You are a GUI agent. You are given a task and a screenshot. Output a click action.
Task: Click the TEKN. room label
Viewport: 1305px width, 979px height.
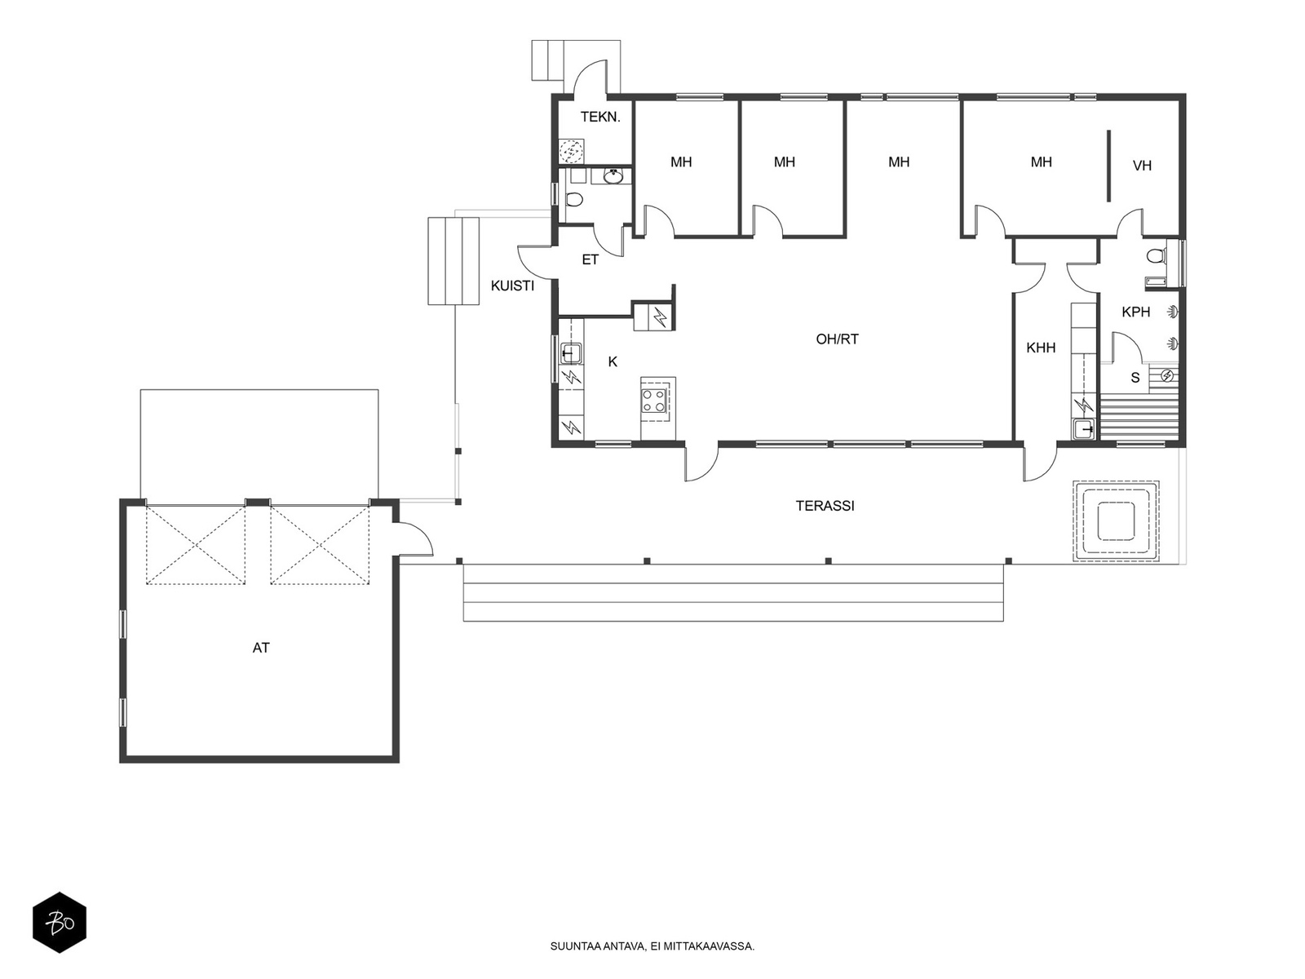click(x=600, y=117)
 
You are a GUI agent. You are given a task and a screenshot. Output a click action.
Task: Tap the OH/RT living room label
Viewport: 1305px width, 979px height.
click(x=837, y=339)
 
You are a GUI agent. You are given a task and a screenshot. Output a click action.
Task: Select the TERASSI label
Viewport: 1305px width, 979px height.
click(x=825, y=506)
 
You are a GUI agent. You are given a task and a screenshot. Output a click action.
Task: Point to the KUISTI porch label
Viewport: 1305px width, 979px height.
click(x=512, y=286)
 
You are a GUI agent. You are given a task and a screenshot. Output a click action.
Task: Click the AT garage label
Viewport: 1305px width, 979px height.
click(x=261, y=648)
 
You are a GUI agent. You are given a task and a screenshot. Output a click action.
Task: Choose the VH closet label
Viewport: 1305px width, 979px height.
click(x=1142, y=166)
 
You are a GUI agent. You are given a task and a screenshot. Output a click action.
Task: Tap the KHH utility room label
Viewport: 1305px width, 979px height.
click(x=1041, y=348)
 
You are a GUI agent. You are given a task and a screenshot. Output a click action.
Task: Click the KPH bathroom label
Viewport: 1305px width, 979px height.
click(x=1135, y=312)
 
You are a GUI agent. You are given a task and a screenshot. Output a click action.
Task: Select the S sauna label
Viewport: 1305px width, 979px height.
click(x=1135, y=378)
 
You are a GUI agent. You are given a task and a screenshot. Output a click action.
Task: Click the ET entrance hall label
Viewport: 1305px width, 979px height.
click(x=590, y=259)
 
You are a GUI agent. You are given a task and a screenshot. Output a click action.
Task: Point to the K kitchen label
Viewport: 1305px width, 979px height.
click(x=613, y=361)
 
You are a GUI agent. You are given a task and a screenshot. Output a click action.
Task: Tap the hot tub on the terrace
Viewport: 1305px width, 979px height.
click(x=1116, y=521)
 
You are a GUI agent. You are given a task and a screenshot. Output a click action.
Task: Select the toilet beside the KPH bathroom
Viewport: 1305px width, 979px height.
click(x=1155, y=255)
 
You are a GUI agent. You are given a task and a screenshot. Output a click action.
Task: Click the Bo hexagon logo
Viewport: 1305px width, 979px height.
click(x=60, y=923)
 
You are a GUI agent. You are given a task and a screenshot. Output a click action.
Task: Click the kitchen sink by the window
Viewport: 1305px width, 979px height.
click(x=569, y=354)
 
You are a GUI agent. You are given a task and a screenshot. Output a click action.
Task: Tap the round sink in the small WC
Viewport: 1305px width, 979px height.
click(x=613, y=176)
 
